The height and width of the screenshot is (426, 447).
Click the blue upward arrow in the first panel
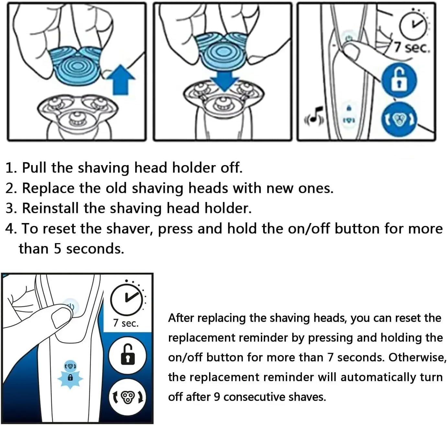point(121,80)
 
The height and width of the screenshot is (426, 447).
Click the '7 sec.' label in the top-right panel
point(411,48)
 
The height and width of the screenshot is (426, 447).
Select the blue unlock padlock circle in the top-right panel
point(399,80)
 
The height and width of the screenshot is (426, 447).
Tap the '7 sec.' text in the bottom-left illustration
point(126,323)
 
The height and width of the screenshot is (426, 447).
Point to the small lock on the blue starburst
point(71,378)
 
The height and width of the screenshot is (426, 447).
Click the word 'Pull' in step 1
point(34,168)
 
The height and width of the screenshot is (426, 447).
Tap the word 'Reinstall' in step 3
point(50,208)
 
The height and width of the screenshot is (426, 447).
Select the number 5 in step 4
point(58,248)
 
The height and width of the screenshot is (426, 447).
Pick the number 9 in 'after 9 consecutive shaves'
point(217,397)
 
